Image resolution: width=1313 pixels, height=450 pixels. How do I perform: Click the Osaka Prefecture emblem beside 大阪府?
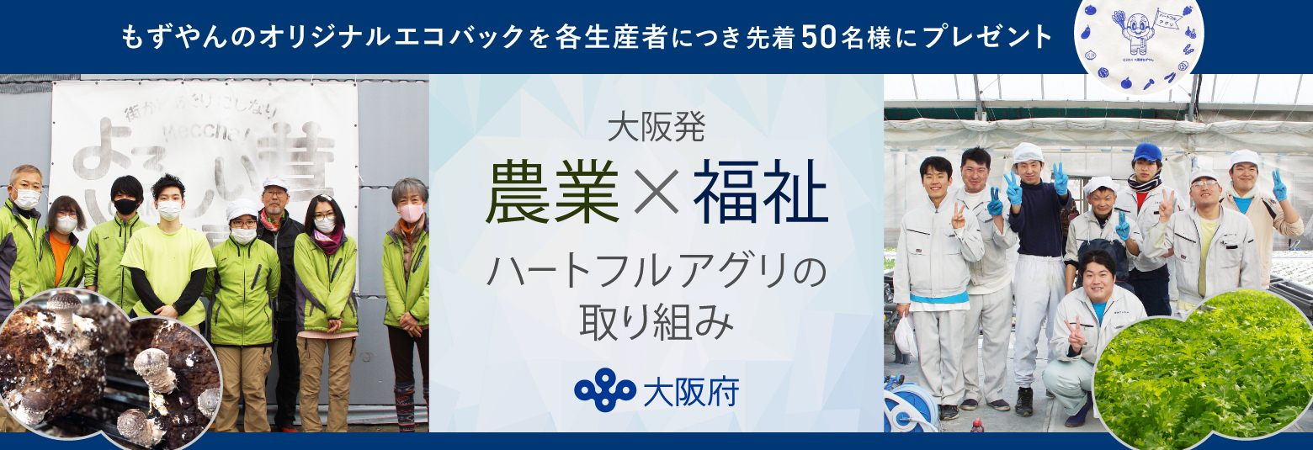(604, 389)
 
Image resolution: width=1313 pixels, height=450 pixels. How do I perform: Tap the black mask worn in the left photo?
(126, 206)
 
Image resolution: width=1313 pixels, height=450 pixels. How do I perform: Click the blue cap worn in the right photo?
(1146, 152)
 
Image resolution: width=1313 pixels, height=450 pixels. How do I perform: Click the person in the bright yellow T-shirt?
(168, 252)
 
